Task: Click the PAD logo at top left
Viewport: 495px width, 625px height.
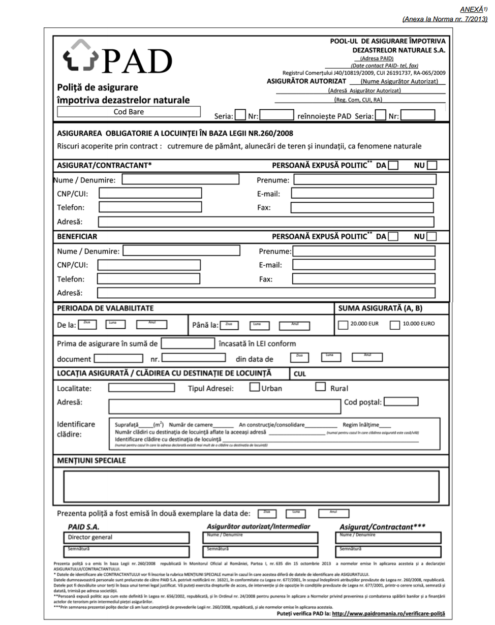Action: click(115, 60)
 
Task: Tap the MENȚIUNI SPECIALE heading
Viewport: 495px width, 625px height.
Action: click(91, 460)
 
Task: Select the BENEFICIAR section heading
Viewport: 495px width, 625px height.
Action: click(77, 236)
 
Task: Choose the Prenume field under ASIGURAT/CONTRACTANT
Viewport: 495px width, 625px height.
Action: click(364, 179)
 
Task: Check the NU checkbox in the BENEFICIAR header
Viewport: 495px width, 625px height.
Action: click(432, 237)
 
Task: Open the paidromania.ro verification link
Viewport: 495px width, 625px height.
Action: click(388, 614)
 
